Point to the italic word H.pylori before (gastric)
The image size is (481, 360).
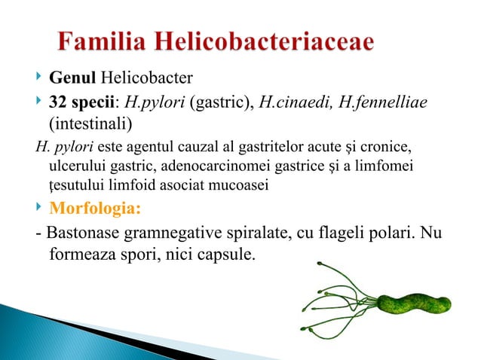tap(153, 101)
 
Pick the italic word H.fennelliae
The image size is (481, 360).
tap(384, 101)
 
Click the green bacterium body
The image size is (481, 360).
tap(413, 303)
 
